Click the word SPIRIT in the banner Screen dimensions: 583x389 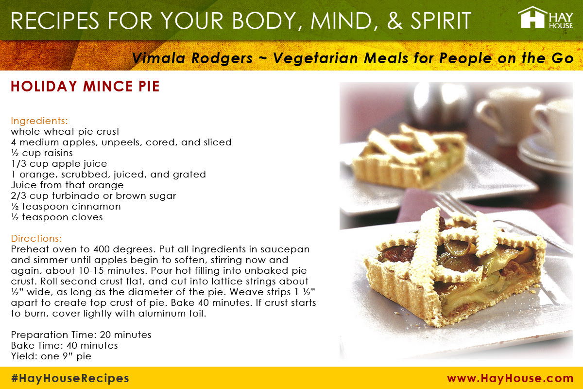441,20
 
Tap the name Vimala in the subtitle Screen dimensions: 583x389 158,58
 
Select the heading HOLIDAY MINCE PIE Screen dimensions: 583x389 85,86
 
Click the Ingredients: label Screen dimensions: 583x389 39,121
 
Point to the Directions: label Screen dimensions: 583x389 36,238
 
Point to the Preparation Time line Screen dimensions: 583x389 81,335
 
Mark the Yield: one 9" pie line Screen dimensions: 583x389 51,356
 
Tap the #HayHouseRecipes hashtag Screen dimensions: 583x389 70,378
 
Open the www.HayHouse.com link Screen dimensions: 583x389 510,378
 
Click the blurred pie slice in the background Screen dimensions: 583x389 409,157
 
